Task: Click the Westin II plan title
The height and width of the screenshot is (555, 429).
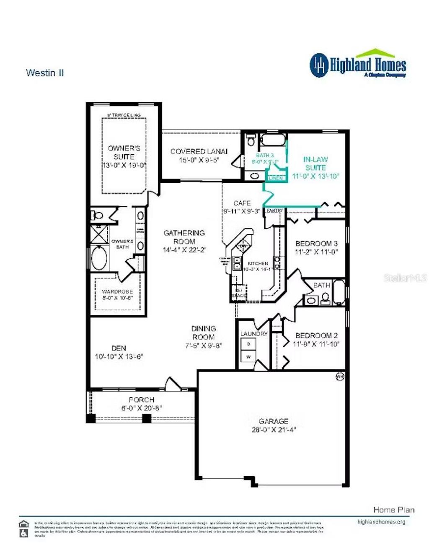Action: click(45, 73)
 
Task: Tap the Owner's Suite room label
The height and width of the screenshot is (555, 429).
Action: click(124, 152)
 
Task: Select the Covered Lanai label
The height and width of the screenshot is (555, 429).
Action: click(199, 151)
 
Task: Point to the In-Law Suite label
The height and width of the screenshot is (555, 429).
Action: click(315, 163)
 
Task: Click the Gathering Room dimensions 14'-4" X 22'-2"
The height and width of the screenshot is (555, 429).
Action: click(184, 250)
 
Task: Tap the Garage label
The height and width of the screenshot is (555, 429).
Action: click(274, 421)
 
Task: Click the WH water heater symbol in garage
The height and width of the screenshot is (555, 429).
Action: click(339, 377)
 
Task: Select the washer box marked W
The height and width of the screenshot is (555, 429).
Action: click(248, 357)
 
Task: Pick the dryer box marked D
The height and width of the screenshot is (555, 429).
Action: click(248, 344)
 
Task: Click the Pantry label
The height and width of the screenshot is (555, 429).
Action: click(275, 210)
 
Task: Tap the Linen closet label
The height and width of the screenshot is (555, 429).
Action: click(276, 178)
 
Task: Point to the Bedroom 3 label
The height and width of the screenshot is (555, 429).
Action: click(316, 244)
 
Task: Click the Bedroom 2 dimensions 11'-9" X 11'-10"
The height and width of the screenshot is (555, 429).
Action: click(316, 344)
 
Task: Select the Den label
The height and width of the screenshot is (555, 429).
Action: click(119, 348)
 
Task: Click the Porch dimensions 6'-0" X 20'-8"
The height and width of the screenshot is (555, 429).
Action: click(142, 408)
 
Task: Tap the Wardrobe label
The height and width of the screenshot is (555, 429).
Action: click(117, 291)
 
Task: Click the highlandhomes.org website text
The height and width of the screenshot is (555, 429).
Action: click(381, 522)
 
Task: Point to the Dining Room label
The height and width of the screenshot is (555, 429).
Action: click(204, 333)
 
